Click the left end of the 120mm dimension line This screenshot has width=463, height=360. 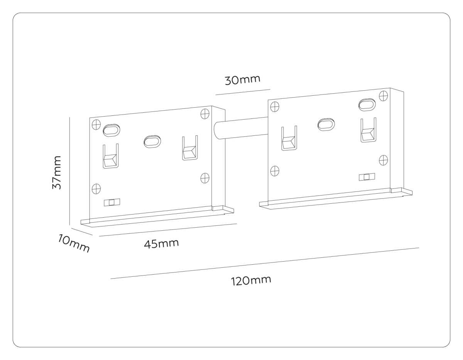(x=111, y=279)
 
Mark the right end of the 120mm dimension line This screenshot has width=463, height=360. (x=419, y=248)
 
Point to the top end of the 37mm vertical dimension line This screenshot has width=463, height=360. (x=70, y=117)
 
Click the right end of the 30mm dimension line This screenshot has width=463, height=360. (x=270, y=89)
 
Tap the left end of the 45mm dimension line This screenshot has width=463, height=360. (x=99, y=236)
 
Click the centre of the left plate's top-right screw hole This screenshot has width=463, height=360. (x=205, y=114)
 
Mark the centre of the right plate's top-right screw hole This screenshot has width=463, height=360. (x=384, y=96)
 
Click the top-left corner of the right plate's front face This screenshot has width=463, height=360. (x=268, y=100)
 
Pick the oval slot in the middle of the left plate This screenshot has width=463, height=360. (x=152, y=141)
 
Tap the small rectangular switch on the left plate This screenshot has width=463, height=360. (x=112, y=202)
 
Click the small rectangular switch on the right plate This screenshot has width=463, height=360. (x=367, y=177)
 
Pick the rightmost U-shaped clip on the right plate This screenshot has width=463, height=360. (x=368, y=130)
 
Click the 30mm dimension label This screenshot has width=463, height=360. (x=243, y=80)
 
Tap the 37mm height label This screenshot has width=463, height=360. (x=57, y=172)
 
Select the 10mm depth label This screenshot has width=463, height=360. (x=74, y=243)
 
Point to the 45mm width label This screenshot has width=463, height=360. (x=161, y=243)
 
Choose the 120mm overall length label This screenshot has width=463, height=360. (x=251, y=281)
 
